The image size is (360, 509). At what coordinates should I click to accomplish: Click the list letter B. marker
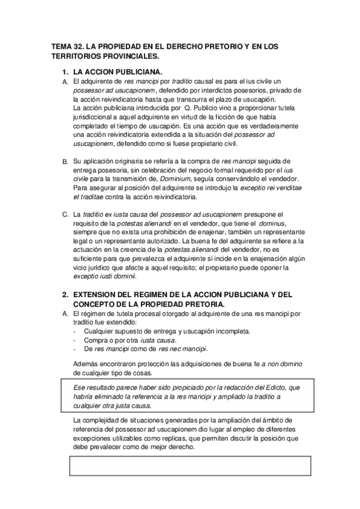(x=65, y=162)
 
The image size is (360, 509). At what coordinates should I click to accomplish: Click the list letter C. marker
(x=65, y=215)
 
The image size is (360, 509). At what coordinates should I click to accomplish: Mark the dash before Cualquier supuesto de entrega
(x=74, y=331)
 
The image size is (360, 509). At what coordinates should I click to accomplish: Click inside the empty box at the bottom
(x=191, y=467)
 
